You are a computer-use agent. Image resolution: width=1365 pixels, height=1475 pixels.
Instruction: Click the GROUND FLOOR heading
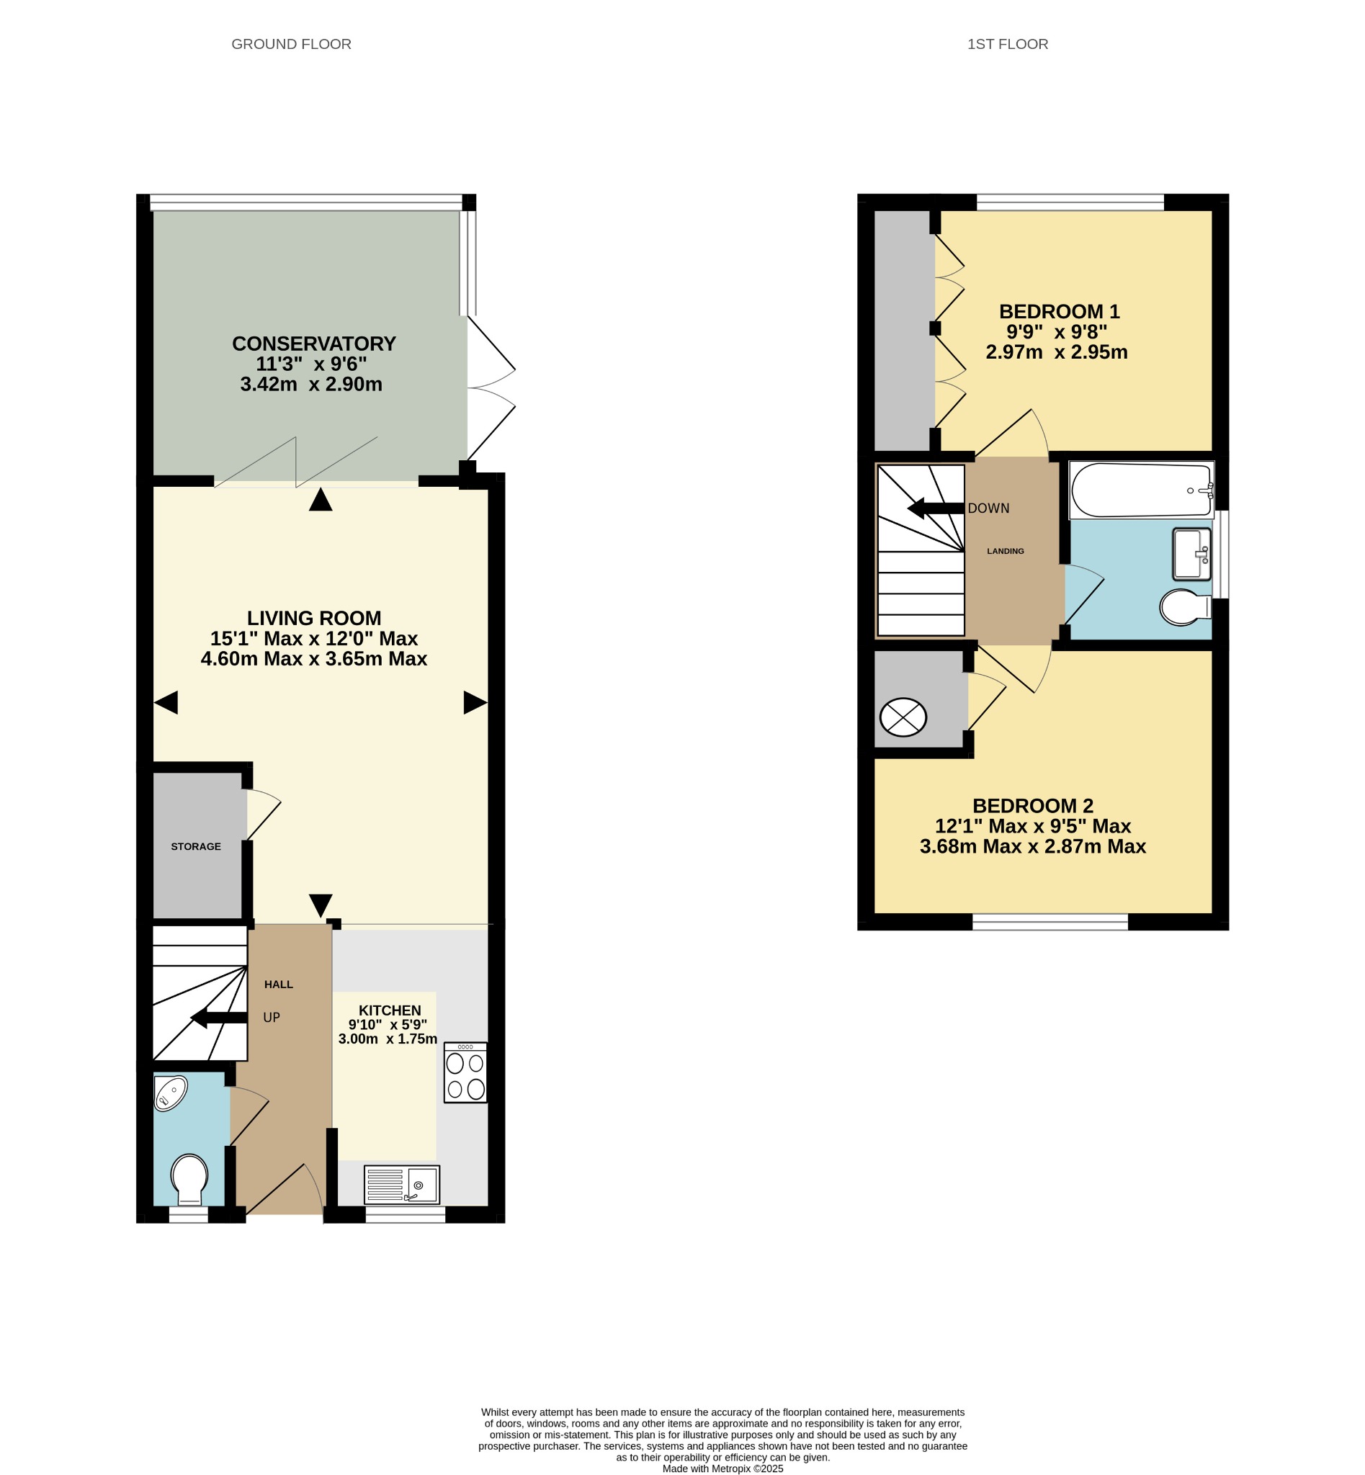(x=291, y=45)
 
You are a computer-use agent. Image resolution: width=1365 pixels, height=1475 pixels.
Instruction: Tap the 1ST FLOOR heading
(x=1008, y=45)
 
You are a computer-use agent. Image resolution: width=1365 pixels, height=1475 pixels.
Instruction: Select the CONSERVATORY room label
(x=314, y=344)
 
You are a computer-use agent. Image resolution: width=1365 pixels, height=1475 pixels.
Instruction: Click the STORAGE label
(x=196, y=846)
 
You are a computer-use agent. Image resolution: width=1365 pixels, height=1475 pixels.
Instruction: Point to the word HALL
(x=279, y=985)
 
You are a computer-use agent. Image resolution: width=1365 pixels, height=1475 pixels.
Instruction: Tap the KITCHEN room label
(x=390, y=1010)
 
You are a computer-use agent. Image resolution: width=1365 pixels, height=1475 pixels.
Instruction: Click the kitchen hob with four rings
(x=465, y=1072)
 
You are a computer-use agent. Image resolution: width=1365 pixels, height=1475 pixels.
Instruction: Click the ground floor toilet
(x=189, y=1180)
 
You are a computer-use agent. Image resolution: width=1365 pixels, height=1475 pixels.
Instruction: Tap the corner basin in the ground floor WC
(x=170, y=1093)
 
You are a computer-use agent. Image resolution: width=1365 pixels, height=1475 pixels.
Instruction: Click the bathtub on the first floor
(x=1141, y=490)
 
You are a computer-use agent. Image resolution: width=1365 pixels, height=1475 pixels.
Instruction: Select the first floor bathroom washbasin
(x=1191, y=554)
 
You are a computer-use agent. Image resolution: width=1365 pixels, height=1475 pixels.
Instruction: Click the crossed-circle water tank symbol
(x=903, y=717)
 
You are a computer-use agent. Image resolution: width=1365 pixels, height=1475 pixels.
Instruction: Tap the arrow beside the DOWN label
(x=936, y=508)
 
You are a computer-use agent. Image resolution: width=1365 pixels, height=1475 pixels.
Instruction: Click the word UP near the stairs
(x=272, y=1018)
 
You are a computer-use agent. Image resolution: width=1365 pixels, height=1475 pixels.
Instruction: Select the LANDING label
(x=1006, y=551)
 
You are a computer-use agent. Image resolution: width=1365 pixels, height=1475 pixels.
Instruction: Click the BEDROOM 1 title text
(x=1059, y=312)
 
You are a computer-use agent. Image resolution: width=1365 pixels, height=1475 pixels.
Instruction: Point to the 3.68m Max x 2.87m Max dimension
(x=1033, y=846)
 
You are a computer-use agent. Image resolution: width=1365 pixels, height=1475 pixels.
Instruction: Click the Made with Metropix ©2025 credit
(x=722, y=1469)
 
